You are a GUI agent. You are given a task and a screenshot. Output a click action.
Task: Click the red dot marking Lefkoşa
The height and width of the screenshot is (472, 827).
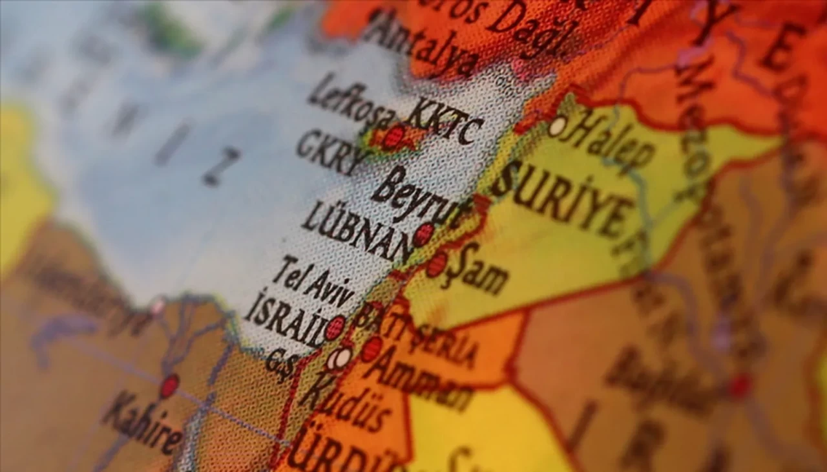click(393, 137)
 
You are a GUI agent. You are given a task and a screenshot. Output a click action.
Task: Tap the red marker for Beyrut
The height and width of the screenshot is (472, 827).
click(423, 234)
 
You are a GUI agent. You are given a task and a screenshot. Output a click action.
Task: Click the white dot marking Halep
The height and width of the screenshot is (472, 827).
click(558, 125)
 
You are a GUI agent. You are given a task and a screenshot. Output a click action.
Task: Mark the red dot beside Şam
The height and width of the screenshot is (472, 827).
click(437, 264)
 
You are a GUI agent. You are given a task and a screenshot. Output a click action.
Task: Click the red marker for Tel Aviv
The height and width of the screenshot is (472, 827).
click(335, 328)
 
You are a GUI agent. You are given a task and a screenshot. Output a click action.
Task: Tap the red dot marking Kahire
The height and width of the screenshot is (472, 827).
click(169, 386)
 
